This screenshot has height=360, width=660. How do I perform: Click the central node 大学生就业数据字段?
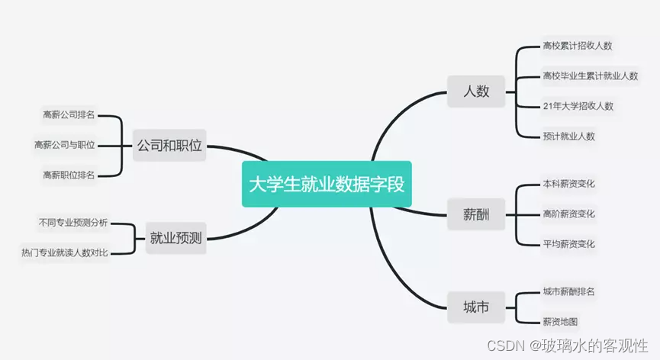[327, 184]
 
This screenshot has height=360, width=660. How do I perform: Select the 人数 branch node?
[476, 92]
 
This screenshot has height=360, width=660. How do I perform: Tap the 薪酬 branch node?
[475, 214]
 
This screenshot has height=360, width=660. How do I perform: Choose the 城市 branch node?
[475, 307]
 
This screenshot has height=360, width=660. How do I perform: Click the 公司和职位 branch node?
[169, 145]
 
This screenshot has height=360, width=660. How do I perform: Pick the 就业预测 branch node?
[176, 239]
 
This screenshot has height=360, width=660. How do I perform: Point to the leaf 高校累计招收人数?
[578, 46]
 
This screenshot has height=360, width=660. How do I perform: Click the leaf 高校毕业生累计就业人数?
[590, 76]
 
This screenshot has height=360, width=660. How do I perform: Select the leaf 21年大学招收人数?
[578, 106]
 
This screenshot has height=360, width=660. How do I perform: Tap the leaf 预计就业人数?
[568, 137]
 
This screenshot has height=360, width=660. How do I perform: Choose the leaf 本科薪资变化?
[568, 184]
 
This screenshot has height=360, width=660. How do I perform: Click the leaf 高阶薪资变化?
[568, 214]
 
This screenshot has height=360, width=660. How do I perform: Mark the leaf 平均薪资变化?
[568, 244]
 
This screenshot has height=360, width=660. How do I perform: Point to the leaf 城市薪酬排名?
[568, 291]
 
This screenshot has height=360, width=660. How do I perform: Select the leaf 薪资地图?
[560, 322]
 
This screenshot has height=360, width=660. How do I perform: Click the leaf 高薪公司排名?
[69, 115]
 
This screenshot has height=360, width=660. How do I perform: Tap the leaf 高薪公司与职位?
[65, 145]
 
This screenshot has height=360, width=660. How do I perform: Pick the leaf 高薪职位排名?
[69, 175]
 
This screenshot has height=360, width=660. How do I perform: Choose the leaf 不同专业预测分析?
[73, 223]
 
